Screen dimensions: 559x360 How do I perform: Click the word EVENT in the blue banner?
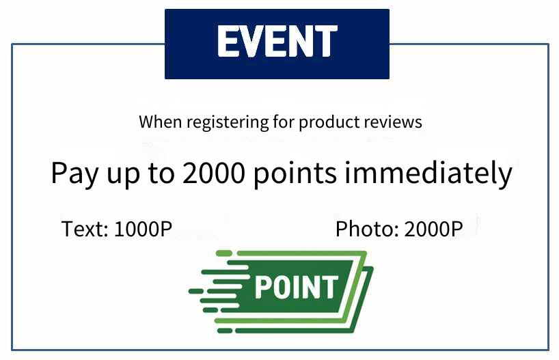coord(277,41)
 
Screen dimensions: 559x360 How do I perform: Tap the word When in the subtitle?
coord(161,122)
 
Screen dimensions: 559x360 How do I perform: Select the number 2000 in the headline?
coord(214,173)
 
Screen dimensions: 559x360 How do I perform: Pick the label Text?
coord(85,228)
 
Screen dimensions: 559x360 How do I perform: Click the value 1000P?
coord(144,228)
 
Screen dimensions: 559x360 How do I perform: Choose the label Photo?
coord(367,228)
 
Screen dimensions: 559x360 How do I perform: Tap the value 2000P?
coord(433,228)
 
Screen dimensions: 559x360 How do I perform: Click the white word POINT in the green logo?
coord(295,287)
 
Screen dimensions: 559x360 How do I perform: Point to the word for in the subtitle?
coord(284,122)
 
